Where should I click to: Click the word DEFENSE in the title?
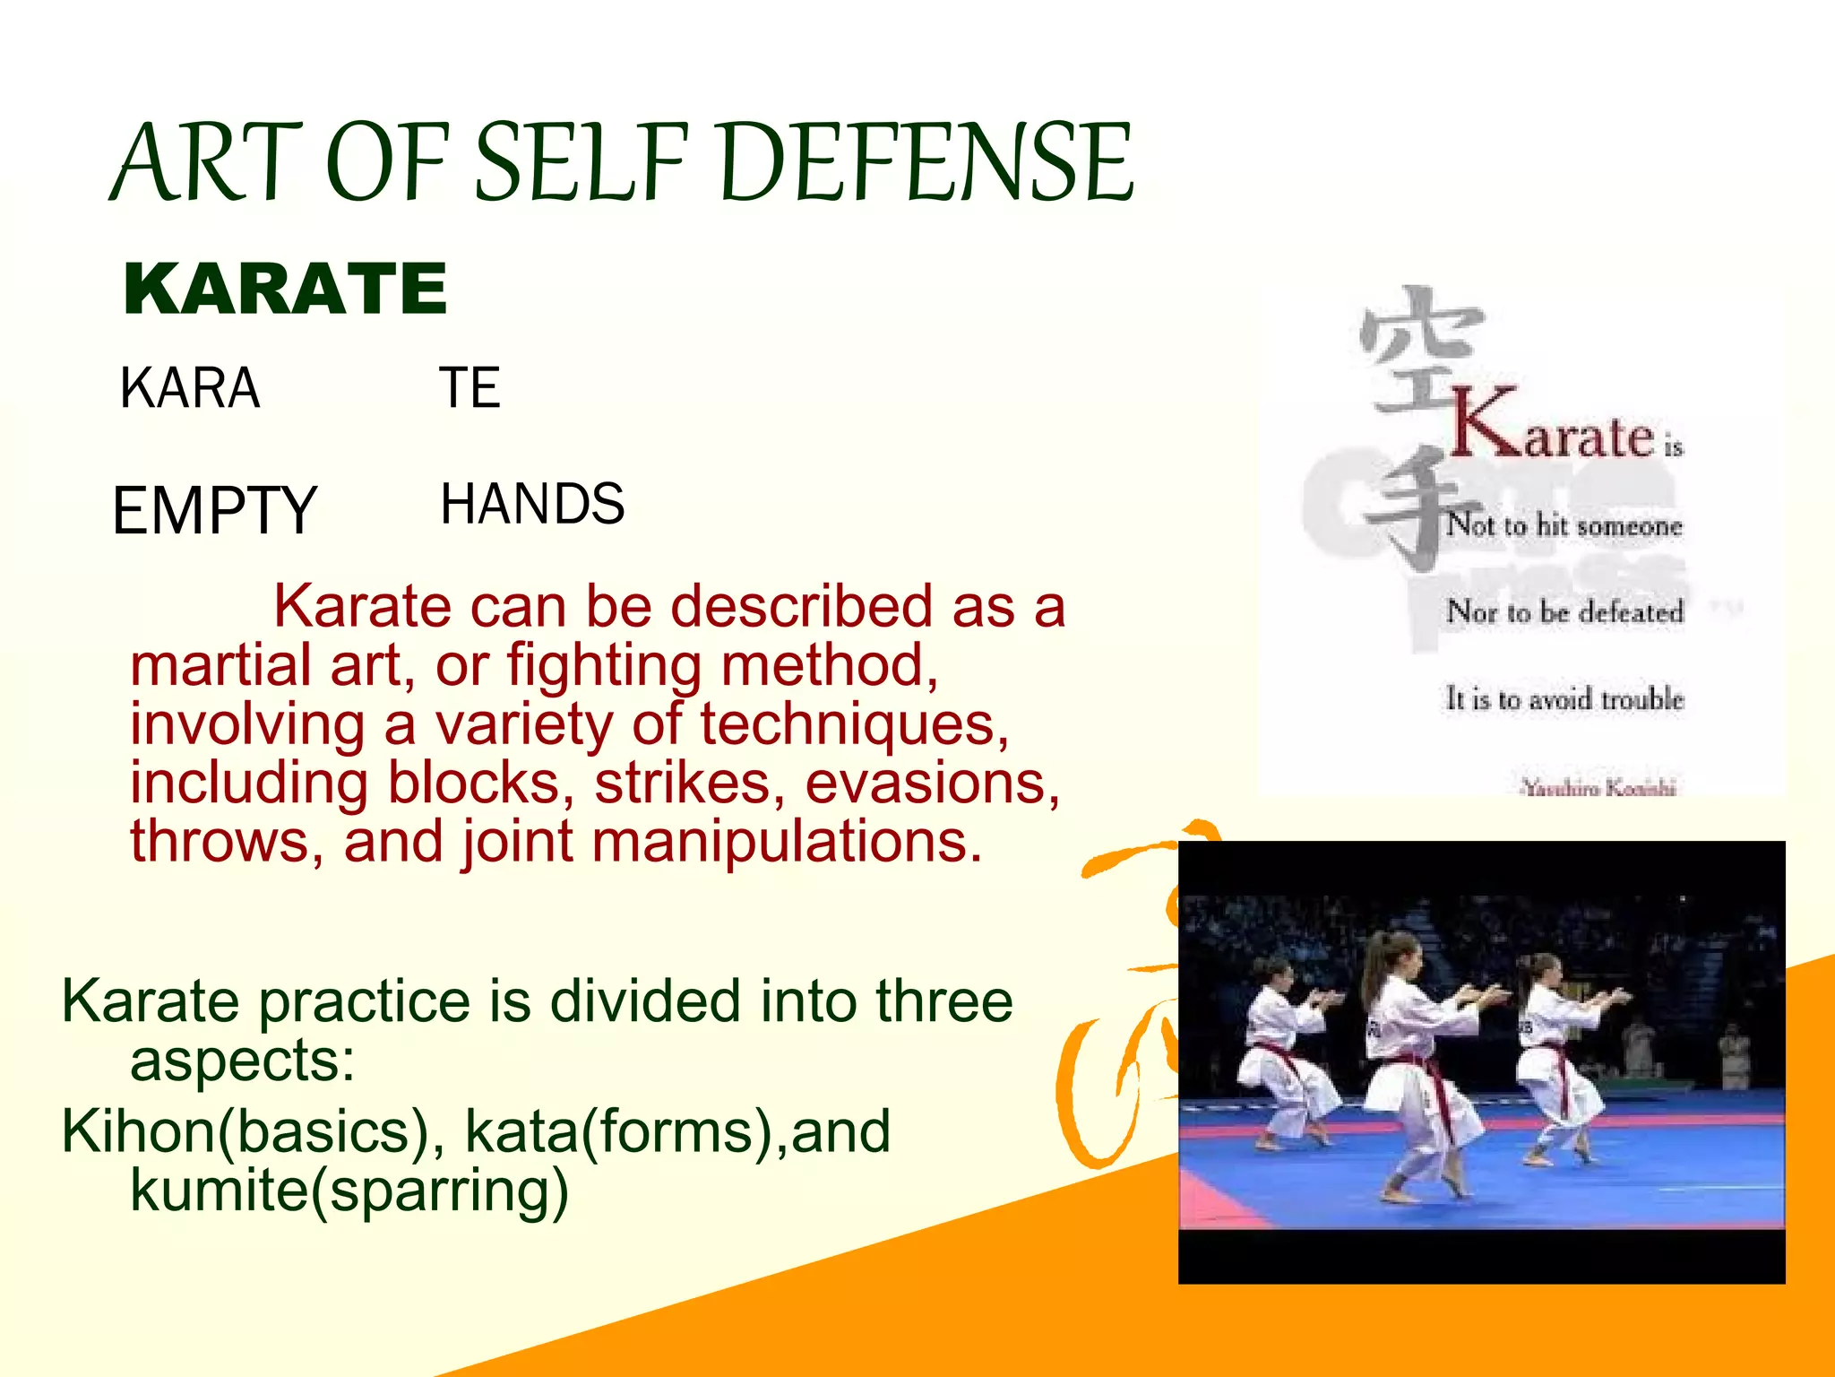[926, 163]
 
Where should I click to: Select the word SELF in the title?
[582, 163]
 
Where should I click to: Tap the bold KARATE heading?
[285, 289]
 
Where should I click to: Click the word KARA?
[190, 388]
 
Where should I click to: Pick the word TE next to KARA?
[470, 388]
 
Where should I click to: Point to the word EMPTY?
[214, 510]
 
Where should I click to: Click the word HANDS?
[532, 504]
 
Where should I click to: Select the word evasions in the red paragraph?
[932, 783]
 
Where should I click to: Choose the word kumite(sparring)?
[349, 1190]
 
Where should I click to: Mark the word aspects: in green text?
[242, 1061]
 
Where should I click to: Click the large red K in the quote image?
[1485, 423]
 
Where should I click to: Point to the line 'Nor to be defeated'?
[1564, 612]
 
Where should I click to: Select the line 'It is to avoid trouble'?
[1564, 698]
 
